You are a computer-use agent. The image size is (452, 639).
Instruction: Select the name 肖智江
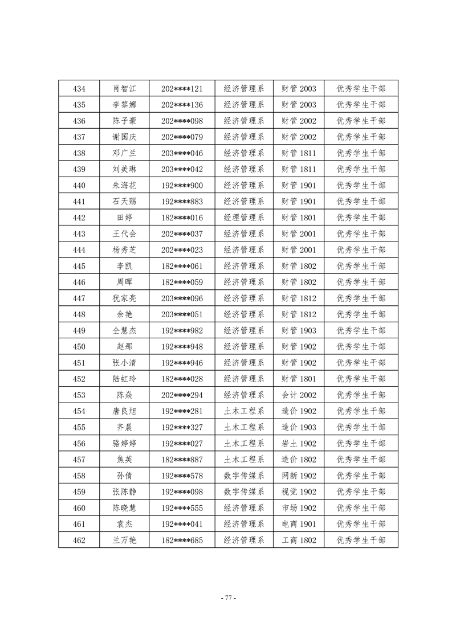[x=125, y=89]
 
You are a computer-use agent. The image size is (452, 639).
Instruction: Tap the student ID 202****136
[x=182, y=105]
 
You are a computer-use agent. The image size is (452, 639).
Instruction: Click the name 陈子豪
[x=125, y=121]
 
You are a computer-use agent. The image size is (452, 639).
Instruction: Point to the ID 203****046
[x=182, y=153]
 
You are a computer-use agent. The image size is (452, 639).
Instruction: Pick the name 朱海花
[x=125, y=186]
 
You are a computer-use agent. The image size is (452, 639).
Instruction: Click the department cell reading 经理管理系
[x=243, y=218]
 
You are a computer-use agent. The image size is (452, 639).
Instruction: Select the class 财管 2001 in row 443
[x=299, y=234]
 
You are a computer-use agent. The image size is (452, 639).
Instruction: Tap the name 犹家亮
[x=125, y=298]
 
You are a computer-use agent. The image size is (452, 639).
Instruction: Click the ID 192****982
[x=182, y=331]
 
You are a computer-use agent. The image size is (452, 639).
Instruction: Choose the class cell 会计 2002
[x=299, y=395]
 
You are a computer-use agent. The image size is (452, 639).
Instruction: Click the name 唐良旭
[x=125, y=411]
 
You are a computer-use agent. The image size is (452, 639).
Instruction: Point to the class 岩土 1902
[x=299, y=444]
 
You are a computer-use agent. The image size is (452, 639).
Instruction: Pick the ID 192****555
[x=182, y=508]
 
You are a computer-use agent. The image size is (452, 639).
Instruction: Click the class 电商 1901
[x=299, y=524]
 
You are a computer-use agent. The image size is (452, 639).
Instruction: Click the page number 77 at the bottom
[x=227, y=598]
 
